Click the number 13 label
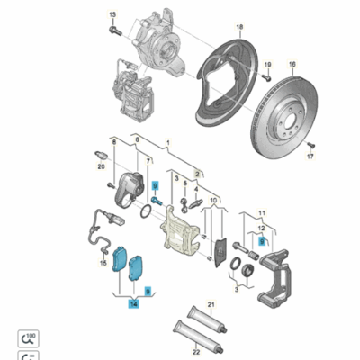point(112,15)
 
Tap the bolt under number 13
point(112,31)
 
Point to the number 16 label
point(291,65)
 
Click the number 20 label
point(102,166)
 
